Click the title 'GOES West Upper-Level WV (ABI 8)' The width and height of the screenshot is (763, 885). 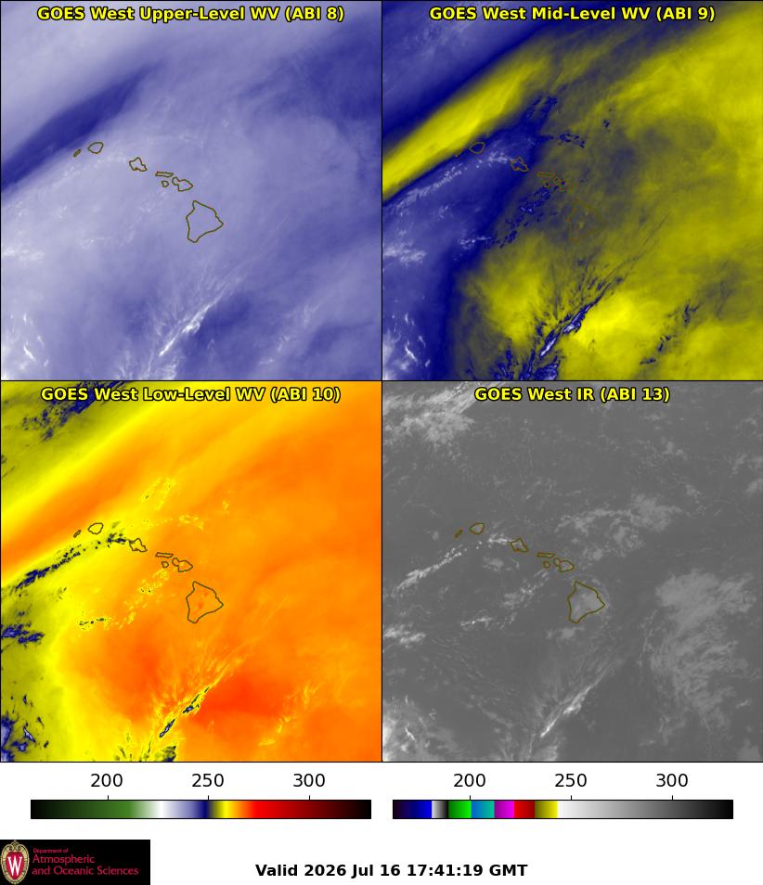[191, 13]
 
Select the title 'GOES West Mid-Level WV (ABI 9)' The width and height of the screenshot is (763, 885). [572, 13]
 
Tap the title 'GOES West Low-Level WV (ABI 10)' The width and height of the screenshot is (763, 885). [191, 393]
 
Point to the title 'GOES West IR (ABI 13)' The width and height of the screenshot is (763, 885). [572, 393]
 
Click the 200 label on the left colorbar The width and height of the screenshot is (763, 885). [107, 780]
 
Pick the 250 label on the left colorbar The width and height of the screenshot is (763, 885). [208, 780]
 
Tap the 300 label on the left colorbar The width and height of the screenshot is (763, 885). [309, 780]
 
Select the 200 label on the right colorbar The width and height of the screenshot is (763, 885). [470, 780]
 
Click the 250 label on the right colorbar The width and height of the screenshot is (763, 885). [571, 780]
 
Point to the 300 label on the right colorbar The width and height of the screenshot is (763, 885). [672, 780]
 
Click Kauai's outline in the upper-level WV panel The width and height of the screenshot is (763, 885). [95, 143]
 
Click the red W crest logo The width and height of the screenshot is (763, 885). [15, 863]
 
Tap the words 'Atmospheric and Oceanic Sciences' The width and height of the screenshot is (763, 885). [84, 865]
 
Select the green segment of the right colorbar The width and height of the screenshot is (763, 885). [459, 809]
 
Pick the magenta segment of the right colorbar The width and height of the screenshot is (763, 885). [504, 809]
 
